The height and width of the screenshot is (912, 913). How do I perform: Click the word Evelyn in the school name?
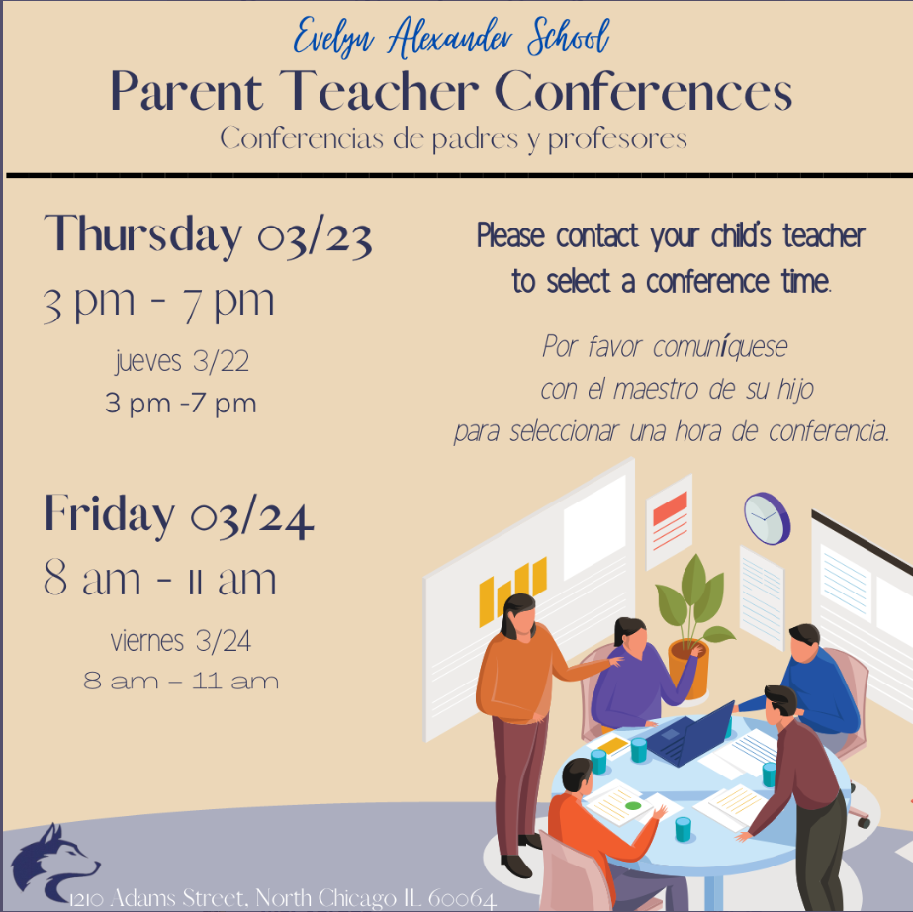[x=333, y=39]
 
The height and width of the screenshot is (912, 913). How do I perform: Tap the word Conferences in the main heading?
[x=643, y=91]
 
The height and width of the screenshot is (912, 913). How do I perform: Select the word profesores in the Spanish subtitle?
[x=617, y=139]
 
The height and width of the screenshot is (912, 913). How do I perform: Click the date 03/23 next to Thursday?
[x=315, y=237]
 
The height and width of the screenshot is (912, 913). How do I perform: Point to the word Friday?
[x=110, y=514]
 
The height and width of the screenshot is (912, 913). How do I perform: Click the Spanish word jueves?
[x=148, y=361]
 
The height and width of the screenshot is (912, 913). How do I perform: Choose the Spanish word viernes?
[x=147, y=641]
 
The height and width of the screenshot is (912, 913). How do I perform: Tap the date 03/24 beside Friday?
[x=252, y=516]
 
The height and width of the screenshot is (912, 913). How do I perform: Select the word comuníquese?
[x=720, y=347]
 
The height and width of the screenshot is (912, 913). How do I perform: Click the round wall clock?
[x=767, y=518]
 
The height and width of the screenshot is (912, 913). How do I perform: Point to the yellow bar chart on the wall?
[x=512, y=592]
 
